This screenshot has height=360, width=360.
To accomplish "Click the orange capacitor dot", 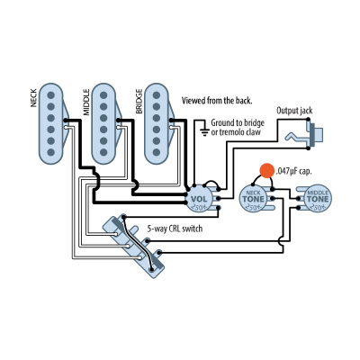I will tap(265, 169).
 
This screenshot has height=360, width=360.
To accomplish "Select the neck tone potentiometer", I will tap(253, 200).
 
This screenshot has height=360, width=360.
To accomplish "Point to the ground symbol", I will tap(204, 131).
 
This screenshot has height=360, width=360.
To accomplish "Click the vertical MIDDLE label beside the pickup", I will tap(86, 101).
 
